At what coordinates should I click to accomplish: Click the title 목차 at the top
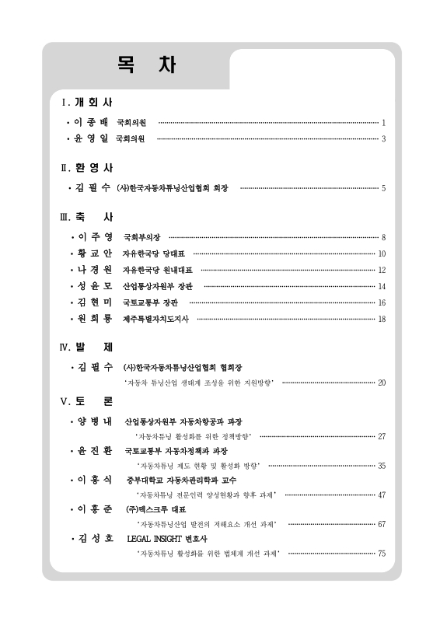click(x=136, y=65)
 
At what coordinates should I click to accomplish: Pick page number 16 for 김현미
click(x=382, y=302)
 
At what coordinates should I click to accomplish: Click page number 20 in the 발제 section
click(x=382, y=383)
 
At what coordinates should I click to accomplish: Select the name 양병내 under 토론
click(x=95, y=421)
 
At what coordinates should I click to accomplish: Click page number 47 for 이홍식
click(x=382, y=494)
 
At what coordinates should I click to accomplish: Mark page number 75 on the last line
click(x=382, y=553)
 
